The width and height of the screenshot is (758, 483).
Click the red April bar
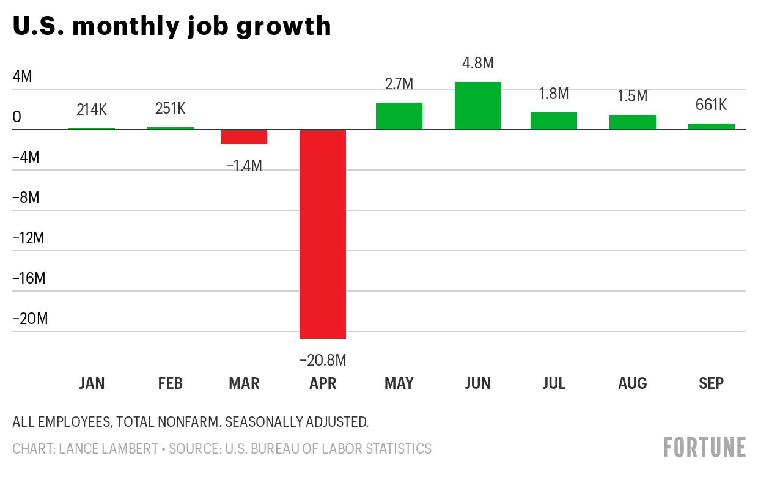[323, 234]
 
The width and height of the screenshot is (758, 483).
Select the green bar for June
[478, 106]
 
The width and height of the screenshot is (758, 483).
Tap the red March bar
[244, 136]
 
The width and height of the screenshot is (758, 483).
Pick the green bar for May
[399, 116]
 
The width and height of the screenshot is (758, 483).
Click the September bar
[712, 127]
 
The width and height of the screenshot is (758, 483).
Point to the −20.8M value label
[323, 361]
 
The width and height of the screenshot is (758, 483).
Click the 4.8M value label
[478, 63]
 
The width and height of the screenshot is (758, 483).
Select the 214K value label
[92, 109]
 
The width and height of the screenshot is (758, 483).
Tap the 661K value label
[712, 105]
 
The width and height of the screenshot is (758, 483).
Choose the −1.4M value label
[244, 166]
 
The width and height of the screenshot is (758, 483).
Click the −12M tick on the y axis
[29, 238]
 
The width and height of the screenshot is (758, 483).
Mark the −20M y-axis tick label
[30, 319]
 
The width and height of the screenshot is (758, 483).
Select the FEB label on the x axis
[170, 383]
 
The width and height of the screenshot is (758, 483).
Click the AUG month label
[632, 383]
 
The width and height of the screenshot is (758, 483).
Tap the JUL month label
[553, 383]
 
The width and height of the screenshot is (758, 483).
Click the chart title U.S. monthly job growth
[172, 27]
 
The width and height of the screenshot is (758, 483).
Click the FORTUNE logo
[704, 447]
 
